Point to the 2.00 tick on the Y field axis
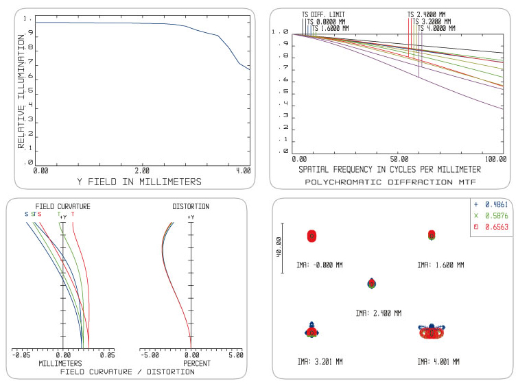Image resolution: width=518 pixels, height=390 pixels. click(x=142, y=170)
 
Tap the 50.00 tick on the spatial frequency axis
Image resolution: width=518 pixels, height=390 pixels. click(x=399, y=158)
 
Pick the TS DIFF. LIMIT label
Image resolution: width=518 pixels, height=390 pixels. click(x=324, y=14)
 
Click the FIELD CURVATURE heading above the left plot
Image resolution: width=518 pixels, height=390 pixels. click(x=63, y=206)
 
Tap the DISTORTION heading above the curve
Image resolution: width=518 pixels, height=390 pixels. click(x=191, y=206)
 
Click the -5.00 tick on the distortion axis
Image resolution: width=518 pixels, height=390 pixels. click(x=150, y=355)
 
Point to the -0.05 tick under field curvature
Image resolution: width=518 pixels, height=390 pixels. click(x=22, y=355)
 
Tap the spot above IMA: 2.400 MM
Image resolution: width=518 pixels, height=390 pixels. click(x=371, y=283)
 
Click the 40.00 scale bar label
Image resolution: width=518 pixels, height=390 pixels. click(x=279, y=247)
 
